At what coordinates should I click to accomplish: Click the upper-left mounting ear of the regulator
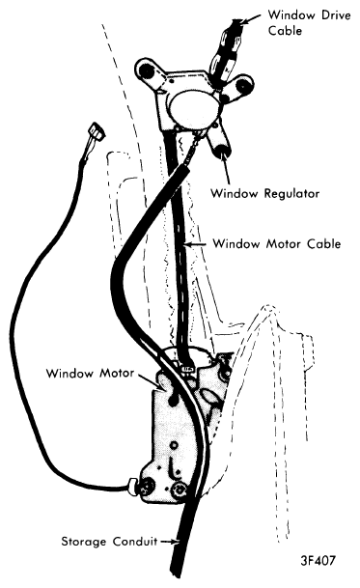147,70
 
